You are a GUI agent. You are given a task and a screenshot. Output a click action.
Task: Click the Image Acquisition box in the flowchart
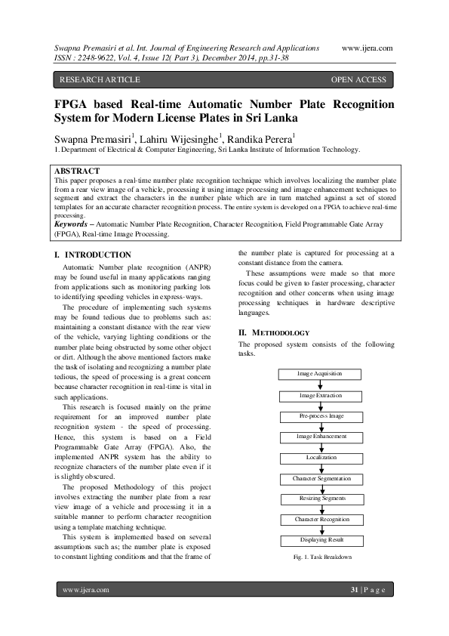point(320,374)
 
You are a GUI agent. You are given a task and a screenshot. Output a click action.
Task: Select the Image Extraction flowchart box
point(320,395)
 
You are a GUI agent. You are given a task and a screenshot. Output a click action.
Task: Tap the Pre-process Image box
point(320,416)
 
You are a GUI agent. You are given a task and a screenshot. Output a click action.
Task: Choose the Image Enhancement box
point(320,437)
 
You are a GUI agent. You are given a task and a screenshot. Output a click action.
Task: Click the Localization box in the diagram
point(320,458)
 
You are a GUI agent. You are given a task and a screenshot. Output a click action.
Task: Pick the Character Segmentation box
point(320,479)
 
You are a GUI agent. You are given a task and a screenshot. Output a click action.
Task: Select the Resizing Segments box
point(320,499)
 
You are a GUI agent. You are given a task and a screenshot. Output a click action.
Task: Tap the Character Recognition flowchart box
point(320,520)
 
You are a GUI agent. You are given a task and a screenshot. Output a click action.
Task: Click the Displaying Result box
point(320,541)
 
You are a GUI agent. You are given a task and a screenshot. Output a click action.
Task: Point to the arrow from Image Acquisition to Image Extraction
point(320,384)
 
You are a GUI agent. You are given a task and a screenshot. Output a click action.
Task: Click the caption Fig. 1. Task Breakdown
point(320,557)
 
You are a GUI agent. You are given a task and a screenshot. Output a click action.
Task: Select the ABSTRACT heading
point(78,172)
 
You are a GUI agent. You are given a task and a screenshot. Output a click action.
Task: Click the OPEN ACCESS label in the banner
point(358,79)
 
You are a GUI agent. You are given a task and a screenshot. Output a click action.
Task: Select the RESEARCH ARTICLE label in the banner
point(100,79)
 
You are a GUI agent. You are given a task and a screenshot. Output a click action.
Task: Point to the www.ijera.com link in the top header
point(367,48)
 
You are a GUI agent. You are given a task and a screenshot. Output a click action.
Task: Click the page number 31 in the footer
point(354,589)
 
